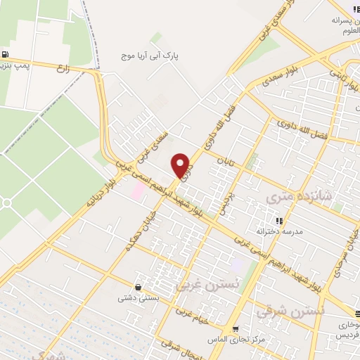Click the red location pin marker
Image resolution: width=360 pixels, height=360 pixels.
point(181,165)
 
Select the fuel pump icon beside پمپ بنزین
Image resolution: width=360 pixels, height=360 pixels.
point(6,55)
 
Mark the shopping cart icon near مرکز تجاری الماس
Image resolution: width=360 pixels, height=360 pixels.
point(235,328)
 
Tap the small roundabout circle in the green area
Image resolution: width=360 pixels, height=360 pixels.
point(6,203)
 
